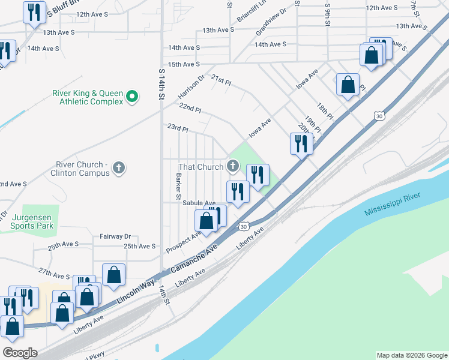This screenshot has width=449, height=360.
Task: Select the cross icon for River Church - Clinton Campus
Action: click(x=119, y=167)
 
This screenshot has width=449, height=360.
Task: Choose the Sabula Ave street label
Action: click(x=199, y=203)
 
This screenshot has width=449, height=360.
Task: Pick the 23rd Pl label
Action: click(x=177, y=128)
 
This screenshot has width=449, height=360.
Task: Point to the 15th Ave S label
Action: click(x=184, y=64)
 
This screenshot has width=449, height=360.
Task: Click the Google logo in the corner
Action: click(x=19, y=353)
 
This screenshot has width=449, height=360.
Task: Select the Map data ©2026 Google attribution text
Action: click(x=411, y=355)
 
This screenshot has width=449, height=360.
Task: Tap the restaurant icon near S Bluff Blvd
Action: click(x=34, y=11)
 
